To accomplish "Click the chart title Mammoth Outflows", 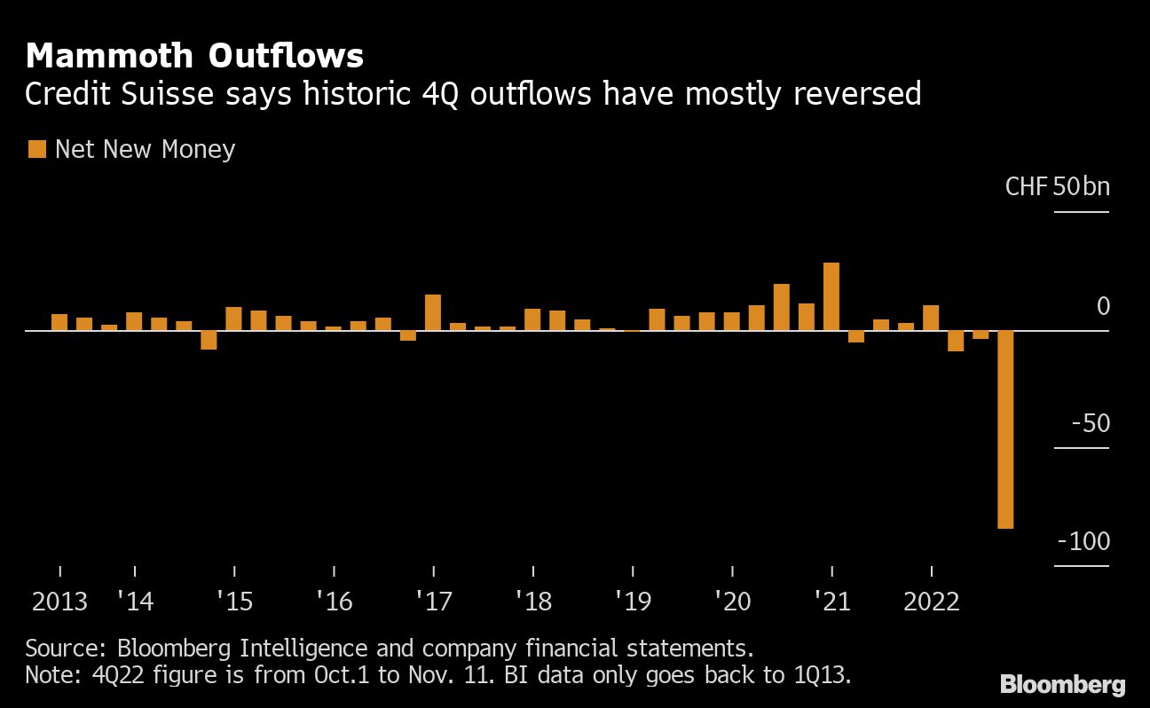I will point(194,57).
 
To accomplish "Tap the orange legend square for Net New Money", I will point(36,149).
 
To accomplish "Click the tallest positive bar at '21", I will point(831,296).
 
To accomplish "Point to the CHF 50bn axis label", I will point(1057,187).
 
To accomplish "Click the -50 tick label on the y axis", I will point(1091,423).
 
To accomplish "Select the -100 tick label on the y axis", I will point(1083,541).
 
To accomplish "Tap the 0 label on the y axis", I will point(1103,307).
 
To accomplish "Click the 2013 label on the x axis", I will point(59,602).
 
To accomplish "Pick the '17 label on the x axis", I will point(433,602).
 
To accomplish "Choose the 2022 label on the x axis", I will point(931,602).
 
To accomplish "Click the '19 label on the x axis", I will point(632,602).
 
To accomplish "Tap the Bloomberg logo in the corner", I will point(1062,684).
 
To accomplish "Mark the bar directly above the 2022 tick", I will point(931,318).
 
